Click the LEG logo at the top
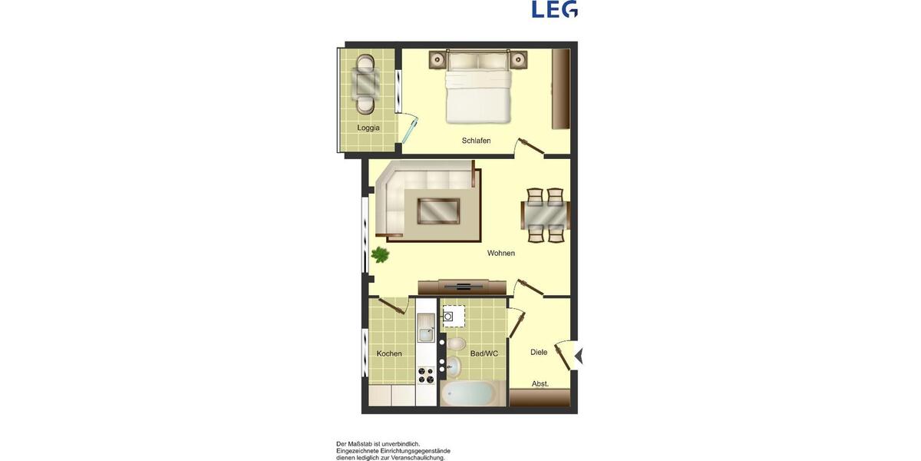(555, 9)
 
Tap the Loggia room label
(368, 128)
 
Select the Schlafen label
(476, 141)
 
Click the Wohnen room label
(500, 253)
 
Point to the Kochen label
(389, 353)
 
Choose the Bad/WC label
(484, 353)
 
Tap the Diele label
(539, 352)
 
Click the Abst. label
(540, 383)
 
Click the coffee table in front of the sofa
(437, 210)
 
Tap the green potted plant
(379, 255)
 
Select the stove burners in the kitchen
(425, 376)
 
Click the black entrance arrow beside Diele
(579, 356)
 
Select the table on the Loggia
(366, 81)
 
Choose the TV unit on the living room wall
(463, 287)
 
